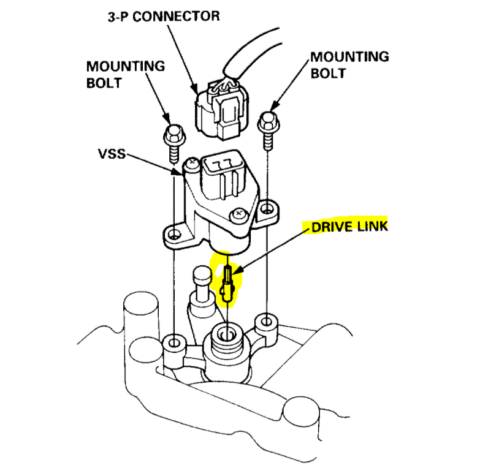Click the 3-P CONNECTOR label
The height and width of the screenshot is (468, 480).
[x=161, y=16]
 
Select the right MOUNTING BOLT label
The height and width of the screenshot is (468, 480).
[x=349, y=65]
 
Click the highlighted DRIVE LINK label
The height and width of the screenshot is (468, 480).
[x=349, y=227]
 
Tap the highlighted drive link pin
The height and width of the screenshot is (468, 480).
[x=227, y=285]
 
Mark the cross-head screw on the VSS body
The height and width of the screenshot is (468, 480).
[x=237, y=214]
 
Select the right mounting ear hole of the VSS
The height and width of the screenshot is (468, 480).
[x=268, y=209]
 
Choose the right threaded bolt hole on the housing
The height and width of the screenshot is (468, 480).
[x=266, y=320]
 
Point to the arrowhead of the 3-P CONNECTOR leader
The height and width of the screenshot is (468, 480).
[x=199, y=91]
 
